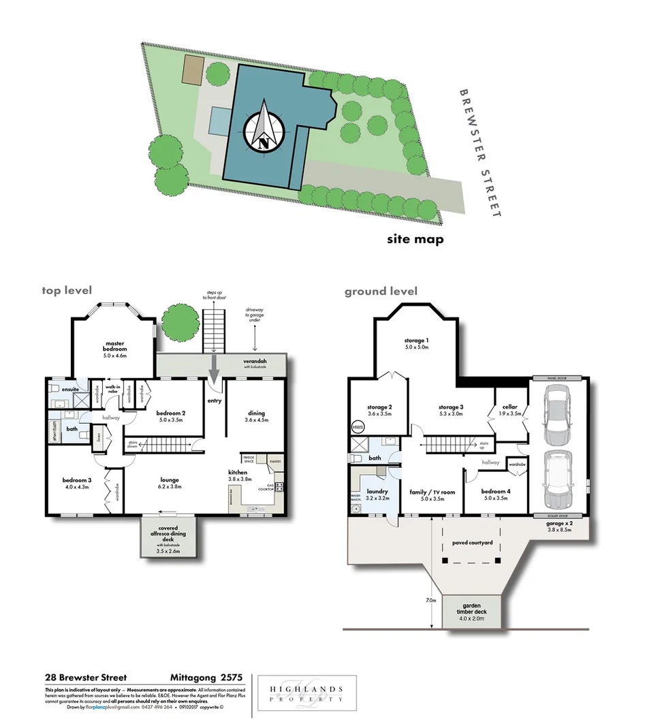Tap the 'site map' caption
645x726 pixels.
pos(415,239)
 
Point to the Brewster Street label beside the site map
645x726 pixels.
pos(481,153)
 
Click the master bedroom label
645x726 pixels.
pos(114,348)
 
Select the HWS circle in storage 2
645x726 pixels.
pos(358,426)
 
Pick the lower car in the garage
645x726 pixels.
pos(558,479)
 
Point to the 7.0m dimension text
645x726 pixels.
pos(430,601)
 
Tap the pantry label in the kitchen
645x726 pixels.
pos(274,461)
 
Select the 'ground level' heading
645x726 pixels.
pos(381,291)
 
